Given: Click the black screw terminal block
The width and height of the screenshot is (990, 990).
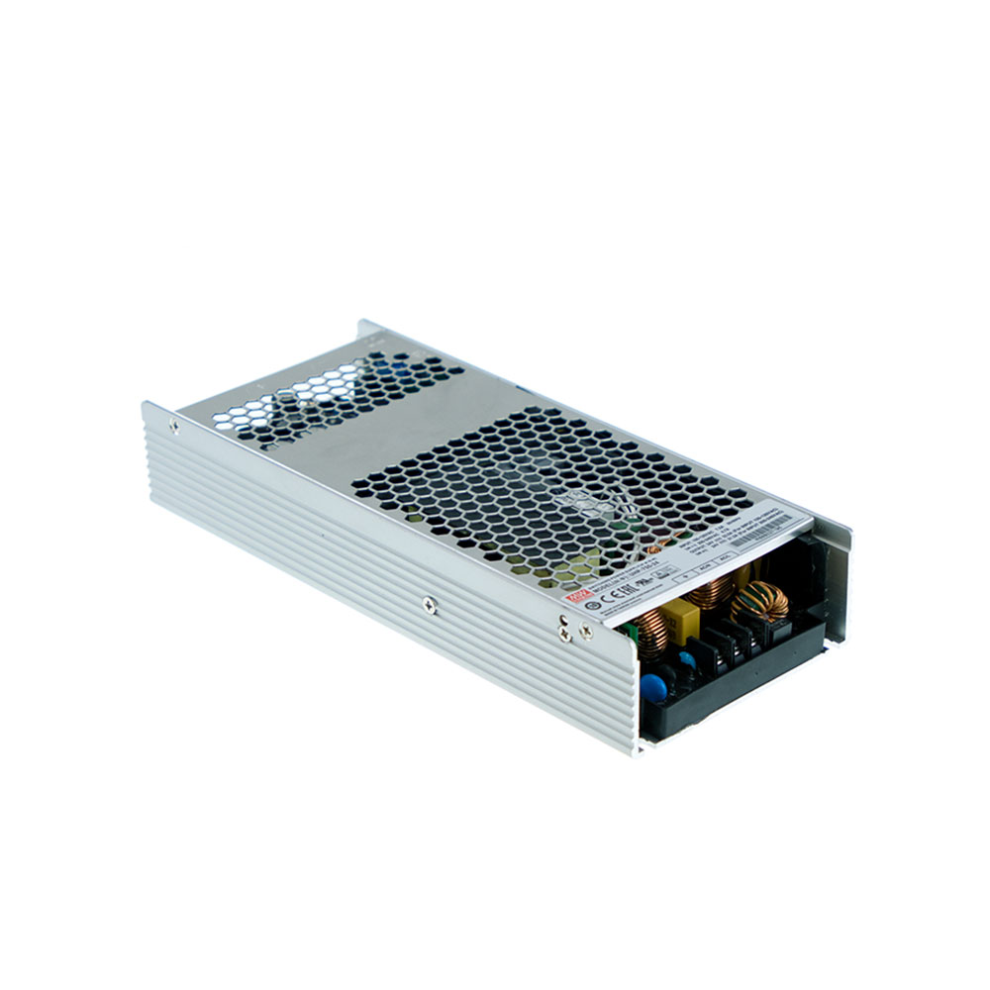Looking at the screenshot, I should point(733,643).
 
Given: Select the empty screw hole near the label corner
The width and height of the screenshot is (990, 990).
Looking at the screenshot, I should point(563,620).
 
